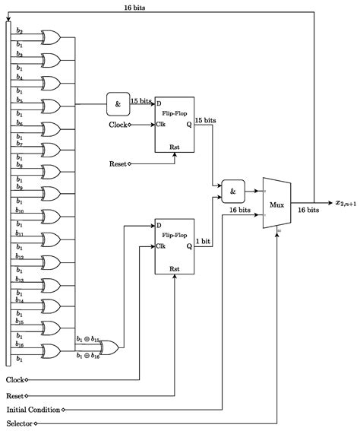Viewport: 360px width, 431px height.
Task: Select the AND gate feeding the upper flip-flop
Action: pos(118,104)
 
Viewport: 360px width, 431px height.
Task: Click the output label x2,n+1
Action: pos(346,203)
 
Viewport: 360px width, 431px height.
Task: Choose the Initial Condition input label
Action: pos(33,409)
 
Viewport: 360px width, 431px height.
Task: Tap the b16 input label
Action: pos(20,344)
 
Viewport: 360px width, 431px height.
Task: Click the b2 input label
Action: pos(20,30)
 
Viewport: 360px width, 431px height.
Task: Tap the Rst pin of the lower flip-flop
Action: pos(175,268)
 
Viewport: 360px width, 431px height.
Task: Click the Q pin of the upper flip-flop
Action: pos(188,125)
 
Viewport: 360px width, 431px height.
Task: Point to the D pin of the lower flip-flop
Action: pos(159,226)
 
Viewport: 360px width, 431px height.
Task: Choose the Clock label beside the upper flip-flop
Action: pos(118,125)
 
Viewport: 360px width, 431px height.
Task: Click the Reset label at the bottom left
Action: pos(14,395)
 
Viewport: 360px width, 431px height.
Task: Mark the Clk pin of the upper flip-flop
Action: pos(161,125)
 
